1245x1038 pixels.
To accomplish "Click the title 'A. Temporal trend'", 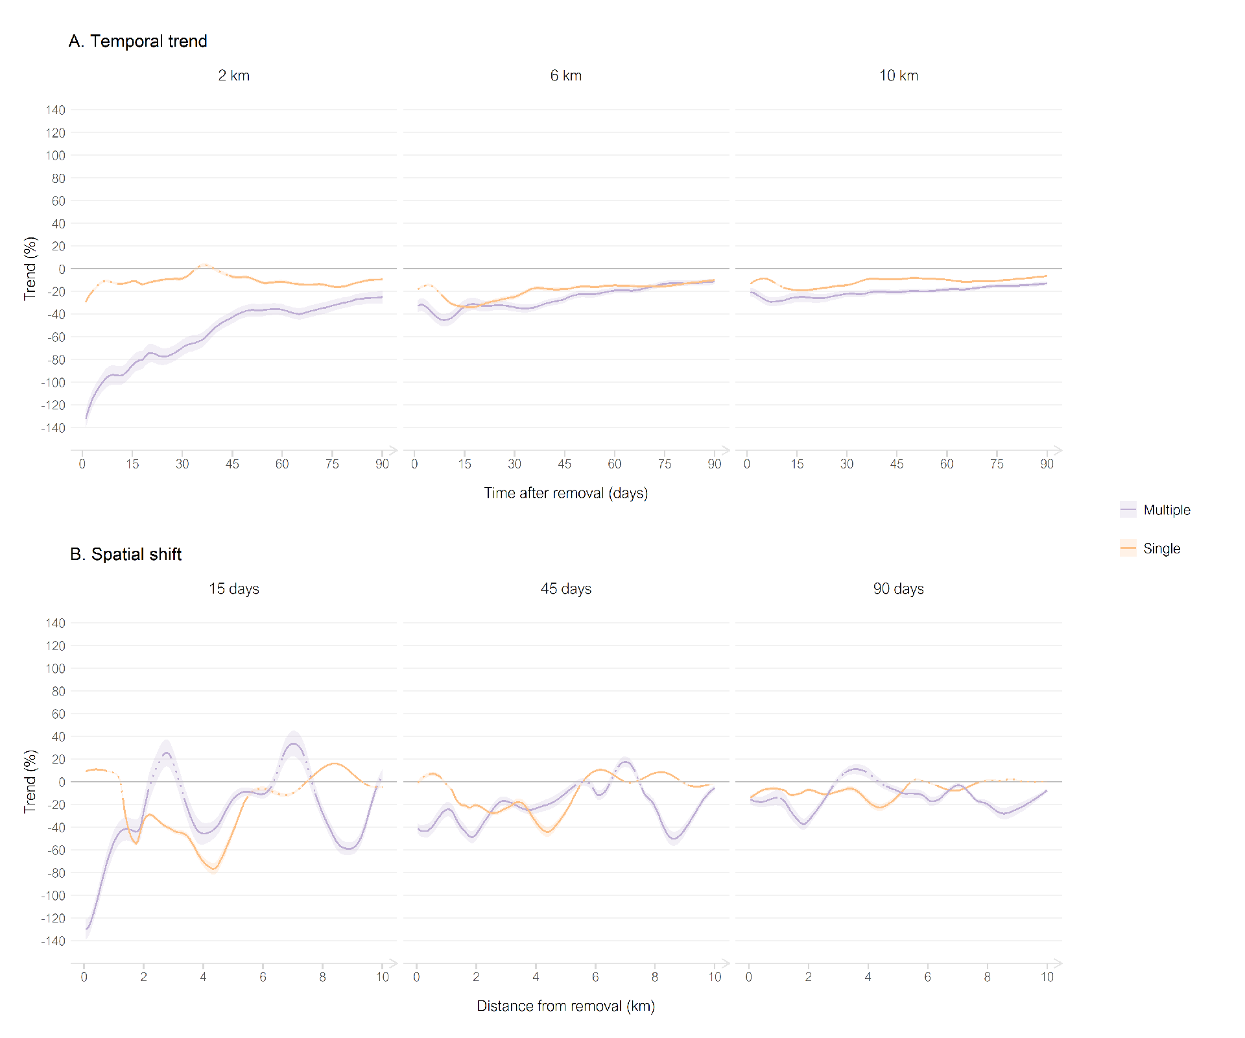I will coord(137,41).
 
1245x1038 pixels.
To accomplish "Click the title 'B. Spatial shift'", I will coord(126,554).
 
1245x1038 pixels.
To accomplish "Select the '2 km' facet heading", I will coord(233,75).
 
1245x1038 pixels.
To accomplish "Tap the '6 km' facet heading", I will coord(565,75).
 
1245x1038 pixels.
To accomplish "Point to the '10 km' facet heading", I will coord(898,75).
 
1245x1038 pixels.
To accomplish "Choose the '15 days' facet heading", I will coord(233,588).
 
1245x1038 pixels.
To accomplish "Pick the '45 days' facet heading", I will coord(565,588).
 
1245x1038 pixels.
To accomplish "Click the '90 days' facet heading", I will coord(898,588).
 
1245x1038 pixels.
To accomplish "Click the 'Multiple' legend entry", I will coord(1166,510).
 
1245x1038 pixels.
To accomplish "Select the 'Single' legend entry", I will coord(1161,549).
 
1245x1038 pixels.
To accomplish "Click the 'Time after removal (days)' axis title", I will coord(565,493).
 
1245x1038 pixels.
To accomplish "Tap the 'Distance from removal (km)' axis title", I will coord(565,1006).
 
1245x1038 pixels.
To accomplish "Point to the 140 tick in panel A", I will coord(56,110).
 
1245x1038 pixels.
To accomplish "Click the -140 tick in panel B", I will coord(53,941).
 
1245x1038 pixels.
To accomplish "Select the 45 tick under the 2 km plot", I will coord(232,464).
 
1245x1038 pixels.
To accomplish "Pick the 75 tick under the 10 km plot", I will coord(997,464).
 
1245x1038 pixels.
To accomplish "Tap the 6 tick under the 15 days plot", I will coord(263,977).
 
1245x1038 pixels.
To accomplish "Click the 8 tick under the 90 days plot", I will coord(987,977).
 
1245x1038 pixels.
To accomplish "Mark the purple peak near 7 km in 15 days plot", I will coord(294,743).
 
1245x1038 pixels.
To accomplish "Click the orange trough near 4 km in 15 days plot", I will coord(213,869).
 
